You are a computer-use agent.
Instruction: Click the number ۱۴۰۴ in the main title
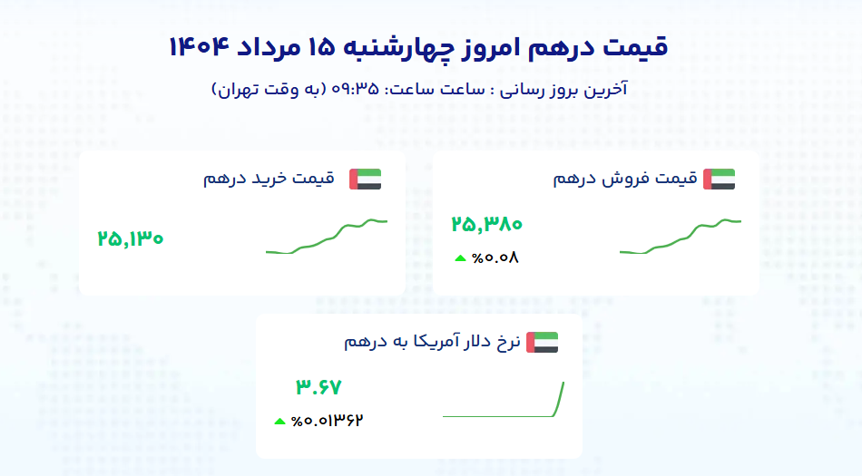tap(199, 47)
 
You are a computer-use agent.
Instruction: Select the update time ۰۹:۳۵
tap(355, 89)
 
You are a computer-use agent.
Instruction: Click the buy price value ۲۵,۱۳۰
tap(131, 238)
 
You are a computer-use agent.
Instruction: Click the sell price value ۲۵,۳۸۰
tap(486, 224)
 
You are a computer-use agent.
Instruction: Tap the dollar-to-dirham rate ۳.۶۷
tap(318, 387)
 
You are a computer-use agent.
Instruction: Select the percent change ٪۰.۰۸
tap(495, 257)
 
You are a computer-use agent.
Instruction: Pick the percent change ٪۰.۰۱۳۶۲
tap(327, 421)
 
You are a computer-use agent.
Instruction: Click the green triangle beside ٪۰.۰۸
tap(461, 258)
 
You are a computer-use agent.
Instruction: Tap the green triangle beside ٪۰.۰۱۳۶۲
tap(279, 422)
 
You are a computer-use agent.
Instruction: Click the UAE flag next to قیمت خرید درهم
tap(366, 180)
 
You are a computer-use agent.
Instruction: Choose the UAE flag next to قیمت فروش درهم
tap(719, 180)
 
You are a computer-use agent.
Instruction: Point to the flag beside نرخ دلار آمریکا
tap(542, 342)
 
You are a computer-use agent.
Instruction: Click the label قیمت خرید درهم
tap(269, 179)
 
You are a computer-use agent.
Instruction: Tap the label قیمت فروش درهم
tap(625, 179)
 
